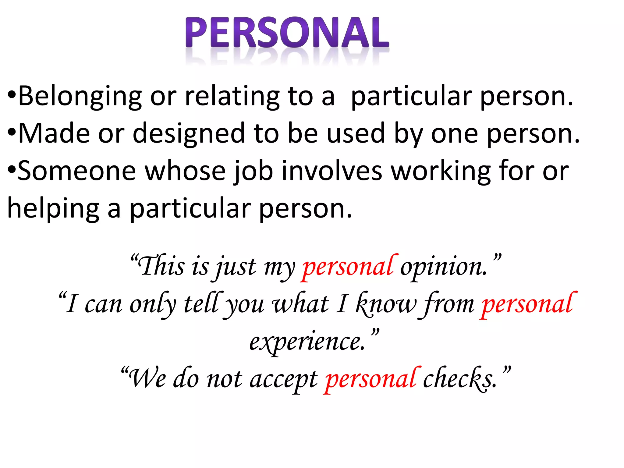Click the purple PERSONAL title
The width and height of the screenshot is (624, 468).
287,33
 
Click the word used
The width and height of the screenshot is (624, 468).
356,133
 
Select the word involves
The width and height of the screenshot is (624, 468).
332,171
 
